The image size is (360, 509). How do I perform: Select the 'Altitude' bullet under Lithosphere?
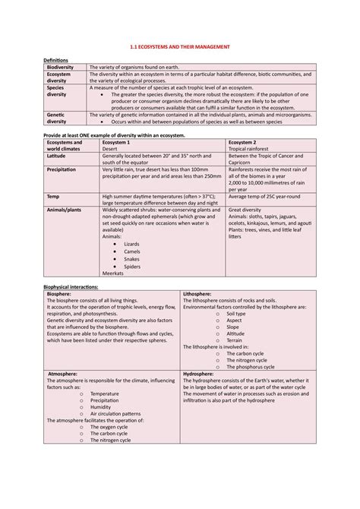click(x=235, y=334)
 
